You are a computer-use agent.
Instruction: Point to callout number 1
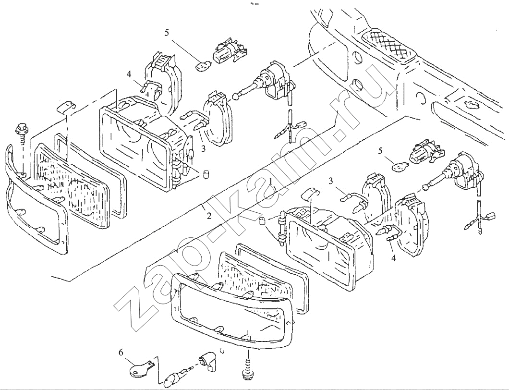pyautogui.click(x=272, y=182)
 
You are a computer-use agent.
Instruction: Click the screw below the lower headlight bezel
pyautogui.click(x=248, y=368)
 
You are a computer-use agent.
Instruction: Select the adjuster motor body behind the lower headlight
pyautogui.click(x=461, y=168)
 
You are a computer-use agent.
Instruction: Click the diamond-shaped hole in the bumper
pyautogui.click(x=468, y=104)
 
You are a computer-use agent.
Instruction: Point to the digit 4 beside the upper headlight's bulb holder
pyautogui.click(x=129, y=74)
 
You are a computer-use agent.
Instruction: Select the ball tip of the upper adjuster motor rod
pyautogui.click(x=235, y=96)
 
